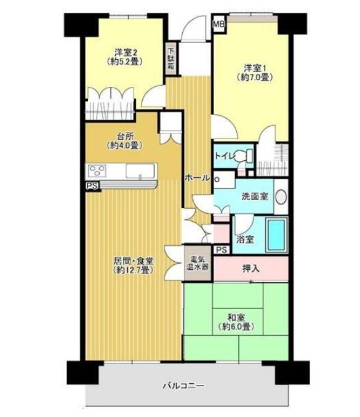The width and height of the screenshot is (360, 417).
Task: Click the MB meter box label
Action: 219,24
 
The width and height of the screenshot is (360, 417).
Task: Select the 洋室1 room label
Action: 255,68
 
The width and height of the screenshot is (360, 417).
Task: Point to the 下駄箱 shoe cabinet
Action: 171,59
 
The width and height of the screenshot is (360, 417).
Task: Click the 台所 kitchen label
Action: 125,136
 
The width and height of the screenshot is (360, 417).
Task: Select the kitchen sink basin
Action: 140,171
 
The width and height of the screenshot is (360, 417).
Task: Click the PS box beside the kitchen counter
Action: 92,185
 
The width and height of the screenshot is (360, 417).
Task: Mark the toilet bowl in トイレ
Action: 243,156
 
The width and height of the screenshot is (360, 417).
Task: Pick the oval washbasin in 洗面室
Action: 281,197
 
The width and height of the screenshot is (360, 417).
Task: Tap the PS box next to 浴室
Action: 222,249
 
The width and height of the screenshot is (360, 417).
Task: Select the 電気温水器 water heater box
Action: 198,263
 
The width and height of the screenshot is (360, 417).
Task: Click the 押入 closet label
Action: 251,269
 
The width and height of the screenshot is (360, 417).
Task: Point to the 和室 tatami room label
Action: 236,318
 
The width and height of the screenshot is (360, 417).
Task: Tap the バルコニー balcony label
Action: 184,386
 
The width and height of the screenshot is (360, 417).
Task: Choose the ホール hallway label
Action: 196,177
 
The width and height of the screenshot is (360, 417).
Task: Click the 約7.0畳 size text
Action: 255,78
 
